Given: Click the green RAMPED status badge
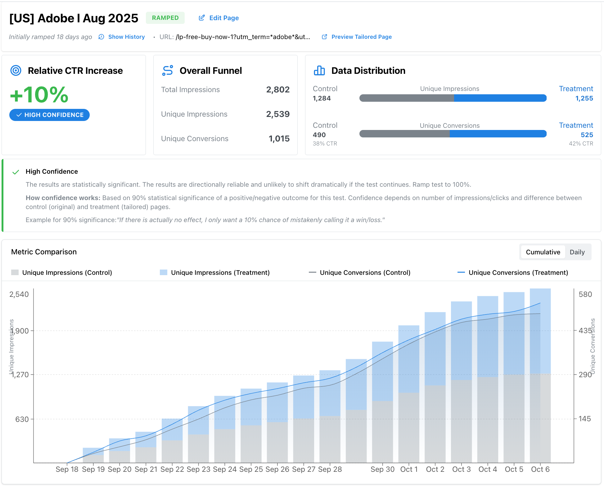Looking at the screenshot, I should click(x=165, y=18).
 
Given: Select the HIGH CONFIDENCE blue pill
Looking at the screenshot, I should click(x=50, y=115).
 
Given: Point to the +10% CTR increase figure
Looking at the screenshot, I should click(x=39, y=95).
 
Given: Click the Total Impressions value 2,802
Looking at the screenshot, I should click(x=277, y=90).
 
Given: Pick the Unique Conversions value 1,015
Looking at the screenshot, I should click(x=279, y=139).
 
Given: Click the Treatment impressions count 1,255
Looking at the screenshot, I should click(x=584, y=98).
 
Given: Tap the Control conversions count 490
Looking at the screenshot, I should click(x=319, y=135).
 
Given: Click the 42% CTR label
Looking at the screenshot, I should click(x=581, y=144).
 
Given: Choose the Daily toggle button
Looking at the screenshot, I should click(x=577, y=252).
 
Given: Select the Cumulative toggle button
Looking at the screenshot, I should click(x=543, y=252).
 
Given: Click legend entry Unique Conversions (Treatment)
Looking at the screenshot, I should click(x=518, y=273).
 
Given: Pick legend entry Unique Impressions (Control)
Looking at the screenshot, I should click(x=67, y=273).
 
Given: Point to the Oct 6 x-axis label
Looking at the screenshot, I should click(x=540, y=469).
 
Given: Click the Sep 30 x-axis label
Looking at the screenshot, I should click(x=382, y=469).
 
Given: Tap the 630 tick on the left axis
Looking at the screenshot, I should click(x=22, y=419).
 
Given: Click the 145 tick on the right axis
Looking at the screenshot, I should click(x=584, y=419).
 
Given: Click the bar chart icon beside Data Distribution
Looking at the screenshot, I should click(x=319, y=71).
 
